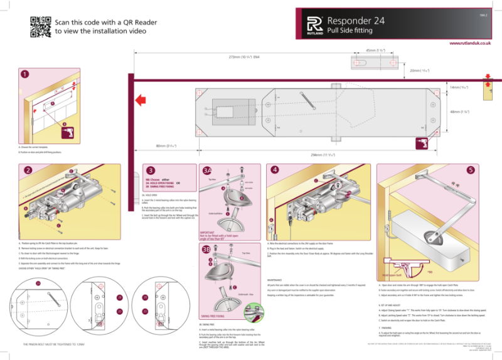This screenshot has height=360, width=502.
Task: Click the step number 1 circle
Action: point(25,75)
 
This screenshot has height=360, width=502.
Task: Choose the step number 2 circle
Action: point(28,170)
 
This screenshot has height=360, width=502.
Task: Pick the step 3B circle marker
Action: point(207,250)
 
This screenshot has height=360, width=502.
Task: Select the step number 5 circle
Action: point(471,170)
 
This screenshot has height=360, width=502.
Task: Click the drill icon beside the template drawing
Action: point(421,144)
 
